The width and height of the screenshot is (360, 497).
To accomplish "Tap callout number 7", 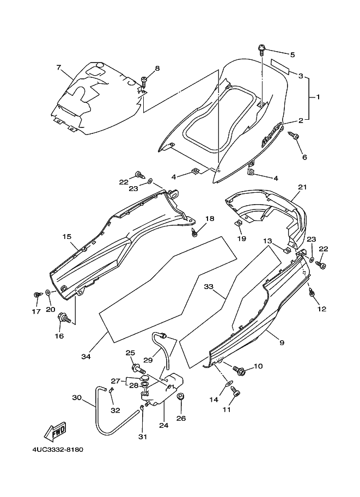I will pyautogui.click(x=58, y=68).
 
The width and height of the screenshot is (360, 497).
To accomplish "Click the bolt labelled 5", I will pyautogui.click(x=262, y=51).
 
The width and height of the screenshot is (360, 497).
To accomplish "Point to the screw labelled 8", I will pyautogui.click(x=144, y=82).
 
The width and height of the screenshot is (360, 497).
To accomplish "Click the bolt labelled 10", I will pyautogui.click(x=239, y=371).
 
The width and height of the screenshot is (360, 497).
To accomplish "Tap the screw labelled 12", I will pyautogui.click(x=312, y=293).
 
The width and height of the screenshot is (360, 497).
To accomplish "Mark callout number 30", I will pyautogui.click(x=76, y=398).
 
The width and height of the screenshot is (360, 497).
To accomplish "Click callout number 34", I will pyautogui.click(x=85, y=357).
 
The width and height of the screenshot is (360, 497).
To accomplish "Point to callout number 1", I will pyautogui.click(x=318, y=97).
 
